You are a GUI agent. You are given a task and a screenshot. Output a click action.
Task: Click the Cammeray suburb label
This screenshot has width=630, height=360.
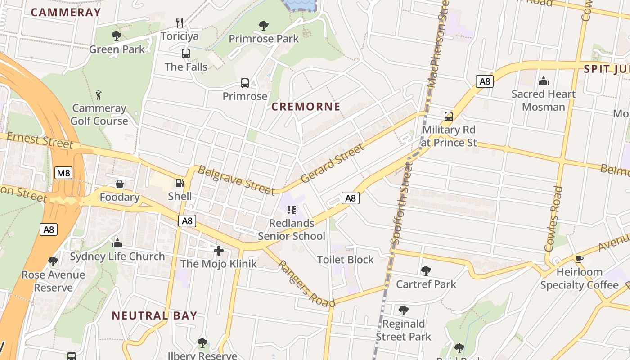click(x=66, y=13)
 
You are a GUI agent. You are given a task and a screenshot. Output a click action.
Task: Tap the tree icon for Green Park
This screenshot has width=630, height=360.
click(x=117, y=36)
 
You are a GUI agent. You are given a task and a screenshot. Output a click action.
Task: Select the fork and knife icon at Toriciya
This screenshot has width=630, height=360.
click(x=179, y=22)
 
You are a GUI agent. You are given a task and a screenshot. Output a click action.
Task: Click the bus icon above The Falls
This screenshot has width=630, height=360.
click(x=186, y=54)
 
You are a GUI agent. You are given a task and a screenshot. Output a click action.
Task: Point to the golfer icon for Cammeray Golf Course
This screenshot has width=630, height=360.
click(x=99, y=94)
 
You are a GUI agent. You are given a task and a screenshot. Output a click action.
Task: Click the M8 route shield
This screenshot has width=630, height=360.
click(x=63, y=173)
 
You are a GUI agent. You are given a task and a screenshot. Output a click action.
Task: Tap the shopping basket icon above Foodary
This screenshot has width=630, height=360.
click(x=120, y=184)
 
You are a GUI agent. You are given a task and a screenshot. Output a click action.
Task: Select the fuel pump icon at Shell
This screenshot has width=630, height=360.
click(x=180, y=183)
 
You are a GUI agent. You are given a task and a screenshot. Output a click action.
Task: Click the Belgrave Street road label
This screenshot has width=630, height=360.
click(x=236, y=180)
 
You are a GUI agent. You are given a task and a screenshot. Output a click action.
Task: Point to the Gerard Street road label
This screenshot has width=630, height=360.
click(x=332, y=163)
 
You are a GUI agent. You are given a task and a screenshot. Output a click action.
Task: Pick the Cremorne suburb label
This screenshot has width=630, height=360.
click(x=306, y=107)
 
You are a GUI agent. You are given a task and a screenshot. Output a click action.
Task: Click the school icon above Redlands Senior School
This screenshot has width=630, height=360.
click(x=291, y=210)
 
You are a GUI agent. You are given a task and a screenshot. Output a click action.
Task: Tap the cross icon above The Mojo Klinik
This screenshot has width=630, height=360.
click(x=219, y=250)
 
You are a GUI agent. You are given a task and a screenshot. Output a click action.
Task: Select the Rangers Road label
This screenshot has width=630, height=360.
click(x=306, y=284)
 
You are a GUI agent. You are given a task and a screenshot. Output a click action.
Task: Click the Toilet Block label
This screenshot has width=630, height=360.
click(x=345, y=260)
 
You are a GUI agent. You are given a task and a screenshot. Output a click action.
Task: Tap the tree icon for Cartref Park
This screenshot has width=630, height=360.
click(x=426, y=271)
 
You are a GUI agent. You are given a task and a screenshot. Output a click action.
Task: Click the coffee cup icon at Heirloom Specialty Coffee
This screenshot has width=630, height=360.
click(x=579, y=259)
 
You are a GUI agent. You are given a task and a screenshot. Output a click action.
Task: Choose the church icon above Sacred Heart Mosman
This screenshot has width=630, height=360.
click(x=544, y=81)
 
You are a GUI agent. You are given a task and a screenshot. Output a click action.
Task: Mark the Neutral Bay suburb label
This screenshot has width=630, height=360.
click(x=154, y=315)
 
